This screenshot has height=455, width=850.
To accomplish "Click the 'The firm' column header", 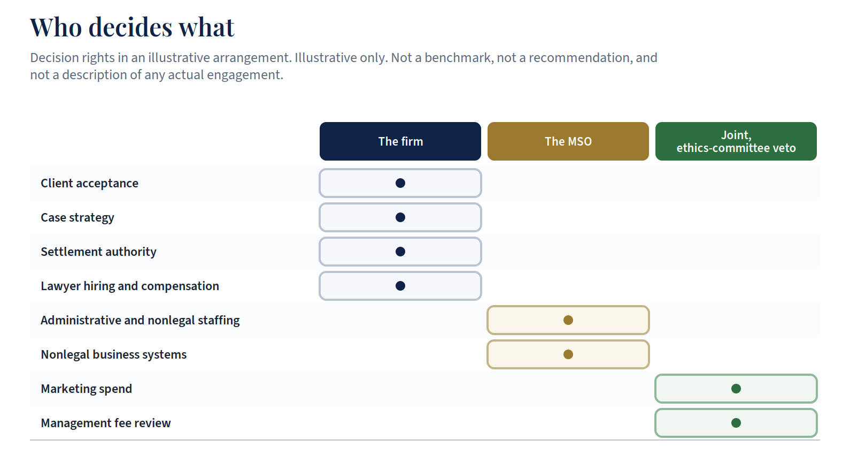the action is pyautogui.click(x=400, y=141).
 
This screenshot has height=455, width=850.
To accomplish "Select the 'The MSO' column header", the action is pyautogui.click(x=568, y=141).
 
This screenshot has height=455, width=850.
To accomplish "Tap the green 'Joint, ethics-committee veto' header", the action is pyautogui.click(x=736, y=141).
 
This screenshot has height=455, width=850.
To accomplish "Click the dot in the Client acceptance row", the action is pyautogui.click(x=400, y=183).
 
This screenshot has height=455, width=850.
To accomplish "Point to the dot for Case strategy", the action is pyautogui.click(x=400, y=217).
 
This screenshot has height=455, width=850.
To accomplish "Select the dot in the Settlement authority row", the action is pyautogui.click(x=400, y=252).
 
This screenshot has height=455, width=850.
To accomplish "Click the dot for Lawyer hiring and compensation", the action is pyautogui.click(x=400, y=286).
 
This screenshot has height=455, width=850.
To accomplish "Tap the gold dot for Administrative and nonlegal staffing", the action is pyautogui.click(x=568, y=320).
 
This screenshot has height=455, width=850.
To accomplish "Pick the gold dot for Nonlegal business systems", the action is pyautogui.click(x=568, y=354).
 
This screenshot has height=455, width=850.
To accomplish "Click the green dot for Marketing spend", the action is pyautogui.click(x=736, y=389).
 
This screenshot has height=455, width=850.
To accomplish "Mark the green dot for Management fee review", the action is pyautogui.click(x=736, y=423).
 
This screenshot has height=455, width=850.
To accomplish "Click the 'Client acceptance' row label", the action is pyautogui.click(x=90, y=183).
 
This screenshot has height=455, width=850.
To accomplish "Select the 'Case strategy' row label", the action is pyautogui.click(x=78, y=218).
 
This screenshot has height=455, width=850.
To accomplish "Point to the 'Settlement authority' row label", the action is pyautogui.click(x=99, y=252).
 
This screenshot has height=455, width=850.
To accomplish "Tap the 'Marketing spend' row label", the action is pyautogui.click(x=87, y=389).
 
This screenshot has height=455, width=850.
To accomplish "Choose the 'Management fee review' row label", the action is pyautogui.click(x=106, y=423).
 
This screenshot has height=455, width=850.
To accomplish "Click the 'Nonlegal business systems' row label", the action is pyautogui.click(x=114, y=355).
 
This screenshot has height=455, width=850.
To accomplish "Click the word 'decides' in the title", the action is pyautogui.click(x=130, y=27).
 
